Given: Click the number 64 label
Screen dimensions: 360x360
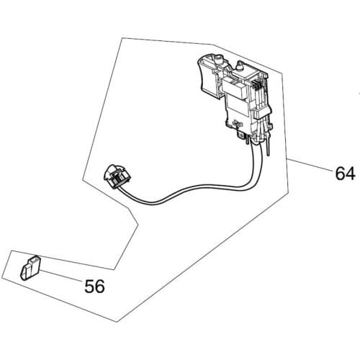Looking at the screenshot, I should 344,174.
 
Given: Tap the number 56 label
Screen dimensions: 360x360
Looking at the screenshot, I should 94,286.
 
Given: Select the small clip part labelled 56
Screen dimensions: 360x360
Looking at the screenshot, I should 29,268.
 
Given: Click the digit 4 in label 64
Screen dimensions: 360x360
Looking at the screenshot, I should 350,174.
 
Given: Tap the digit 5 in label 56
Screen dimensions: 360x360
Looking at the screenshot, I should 89,286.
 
